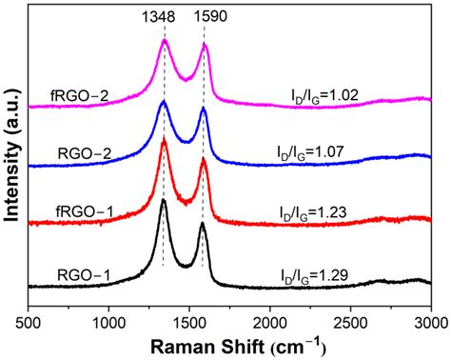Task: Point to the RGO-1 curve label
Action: [83, 276]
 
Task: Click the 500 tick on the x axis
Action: [29, 324]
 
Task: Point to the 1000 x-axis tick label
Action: [109, 324]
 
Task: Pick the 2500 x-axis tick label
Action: [351, 324]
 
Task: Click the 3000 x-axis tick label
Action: [430, 324]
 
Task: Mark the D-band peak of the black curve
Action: [164, 200]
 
